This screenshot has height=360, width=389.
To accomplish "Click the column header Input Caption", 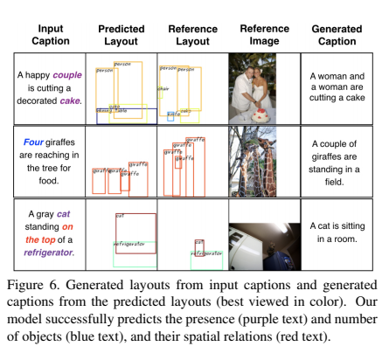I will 50,35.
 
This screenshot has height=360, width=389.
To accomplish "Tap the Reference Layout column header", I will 192,35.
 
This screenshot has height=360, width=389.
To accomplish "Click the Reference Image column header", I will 264,35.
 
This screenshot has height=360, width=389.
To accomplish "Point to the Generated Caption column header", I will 337,35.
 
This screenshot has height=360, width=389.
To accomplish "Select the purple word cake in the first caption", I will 70,100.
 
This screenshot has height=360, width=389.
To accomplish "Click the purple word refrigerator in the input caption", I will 49,252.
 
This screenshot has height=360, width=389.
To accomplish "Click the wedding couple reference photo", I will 263,87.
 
